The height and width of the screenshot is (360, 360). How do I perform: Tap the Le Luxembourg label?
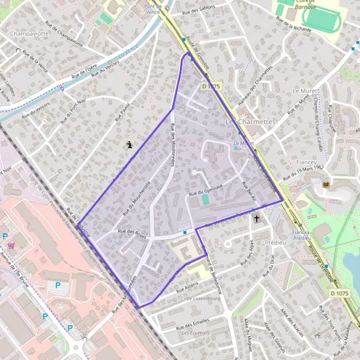coord(203,298)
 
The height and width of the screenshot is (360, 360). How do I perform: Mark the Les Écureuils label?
coord(196,332)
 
